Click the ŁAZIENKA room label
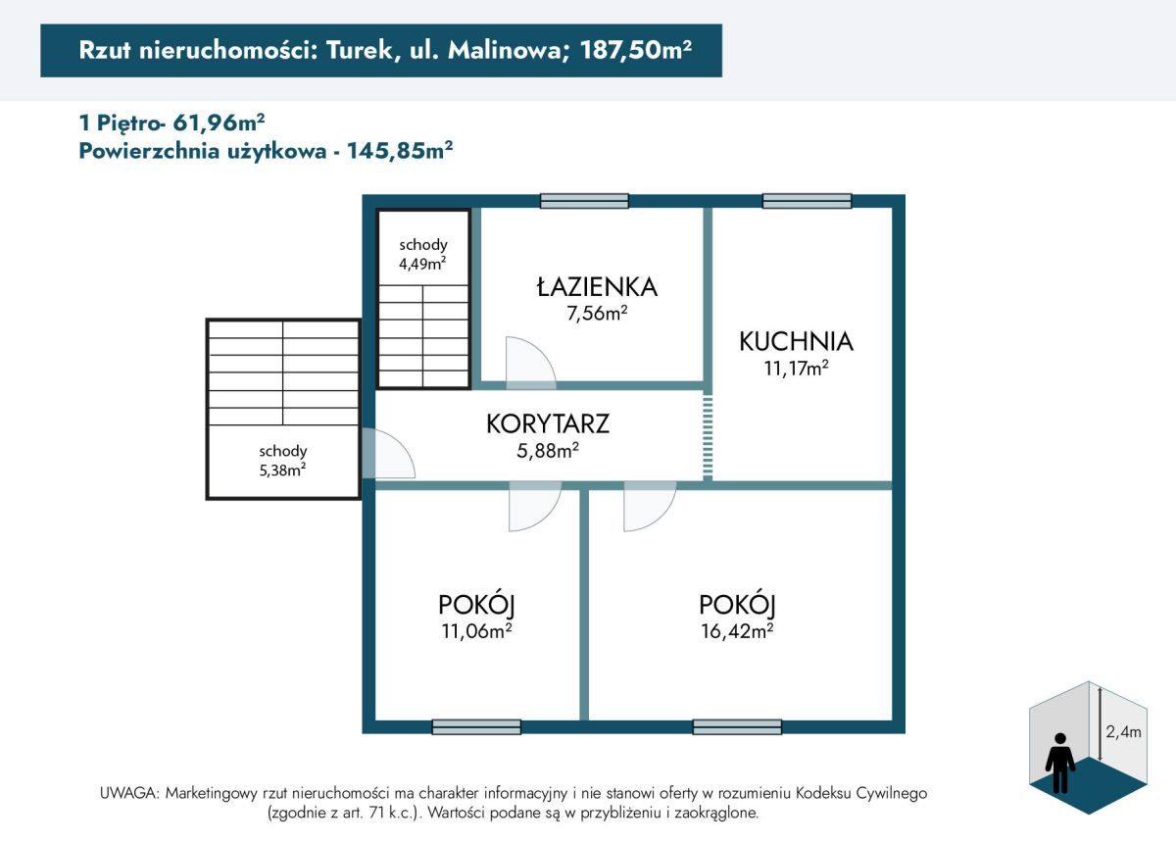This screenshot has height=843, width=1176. pyautogui.click(x=596, y=287)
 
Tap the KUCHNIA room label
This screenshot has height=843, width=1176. pyautogui.click(x=796, y=341)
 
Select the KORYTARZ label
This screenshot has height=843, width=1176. pyautogui.click(x=548, y=424)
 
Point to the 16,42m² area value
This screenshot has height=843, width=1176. pyautogui.click(x=736, y=630)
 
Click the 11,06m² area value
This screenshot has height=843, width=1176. pyautogui.click(x=476, y=630)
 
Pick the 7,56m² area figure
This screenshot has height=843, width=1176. pyautogui.click(x=596, y=314)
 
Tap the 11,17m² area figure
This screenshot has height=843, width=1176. pyautogui.click(x=796, y=369)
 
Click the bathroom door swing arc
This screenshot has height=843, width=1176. pyautogui.click(x=530, y=361)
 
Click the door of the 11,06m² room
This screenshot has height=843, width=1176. pyautogui.click(x=534, y=508)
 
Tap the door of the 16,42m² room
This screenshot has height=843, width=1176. pyautogui.click(x=649, y=508)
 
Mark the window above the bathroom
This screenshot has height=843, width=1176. pyautogui.click(x=584, y=201)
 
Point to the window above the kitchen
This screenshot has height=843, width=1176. pyautogui.click(x=807, y=201)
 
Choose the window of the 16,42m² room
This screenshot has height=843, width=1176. pyautogui.click(x=737, y=726)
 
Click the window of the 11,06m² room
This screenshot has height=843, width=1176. pyautogui.click(x=476, y=726)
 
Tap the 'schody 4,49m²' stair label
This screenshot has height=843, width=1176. pyautogui.click(x=423, y=253)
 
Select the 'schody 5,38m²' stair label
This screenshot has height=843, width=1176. pyautogui.click(x=283, y=460)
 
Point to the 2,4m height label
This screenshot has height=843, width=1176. pyautogui.click(x=1122, y=730)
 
